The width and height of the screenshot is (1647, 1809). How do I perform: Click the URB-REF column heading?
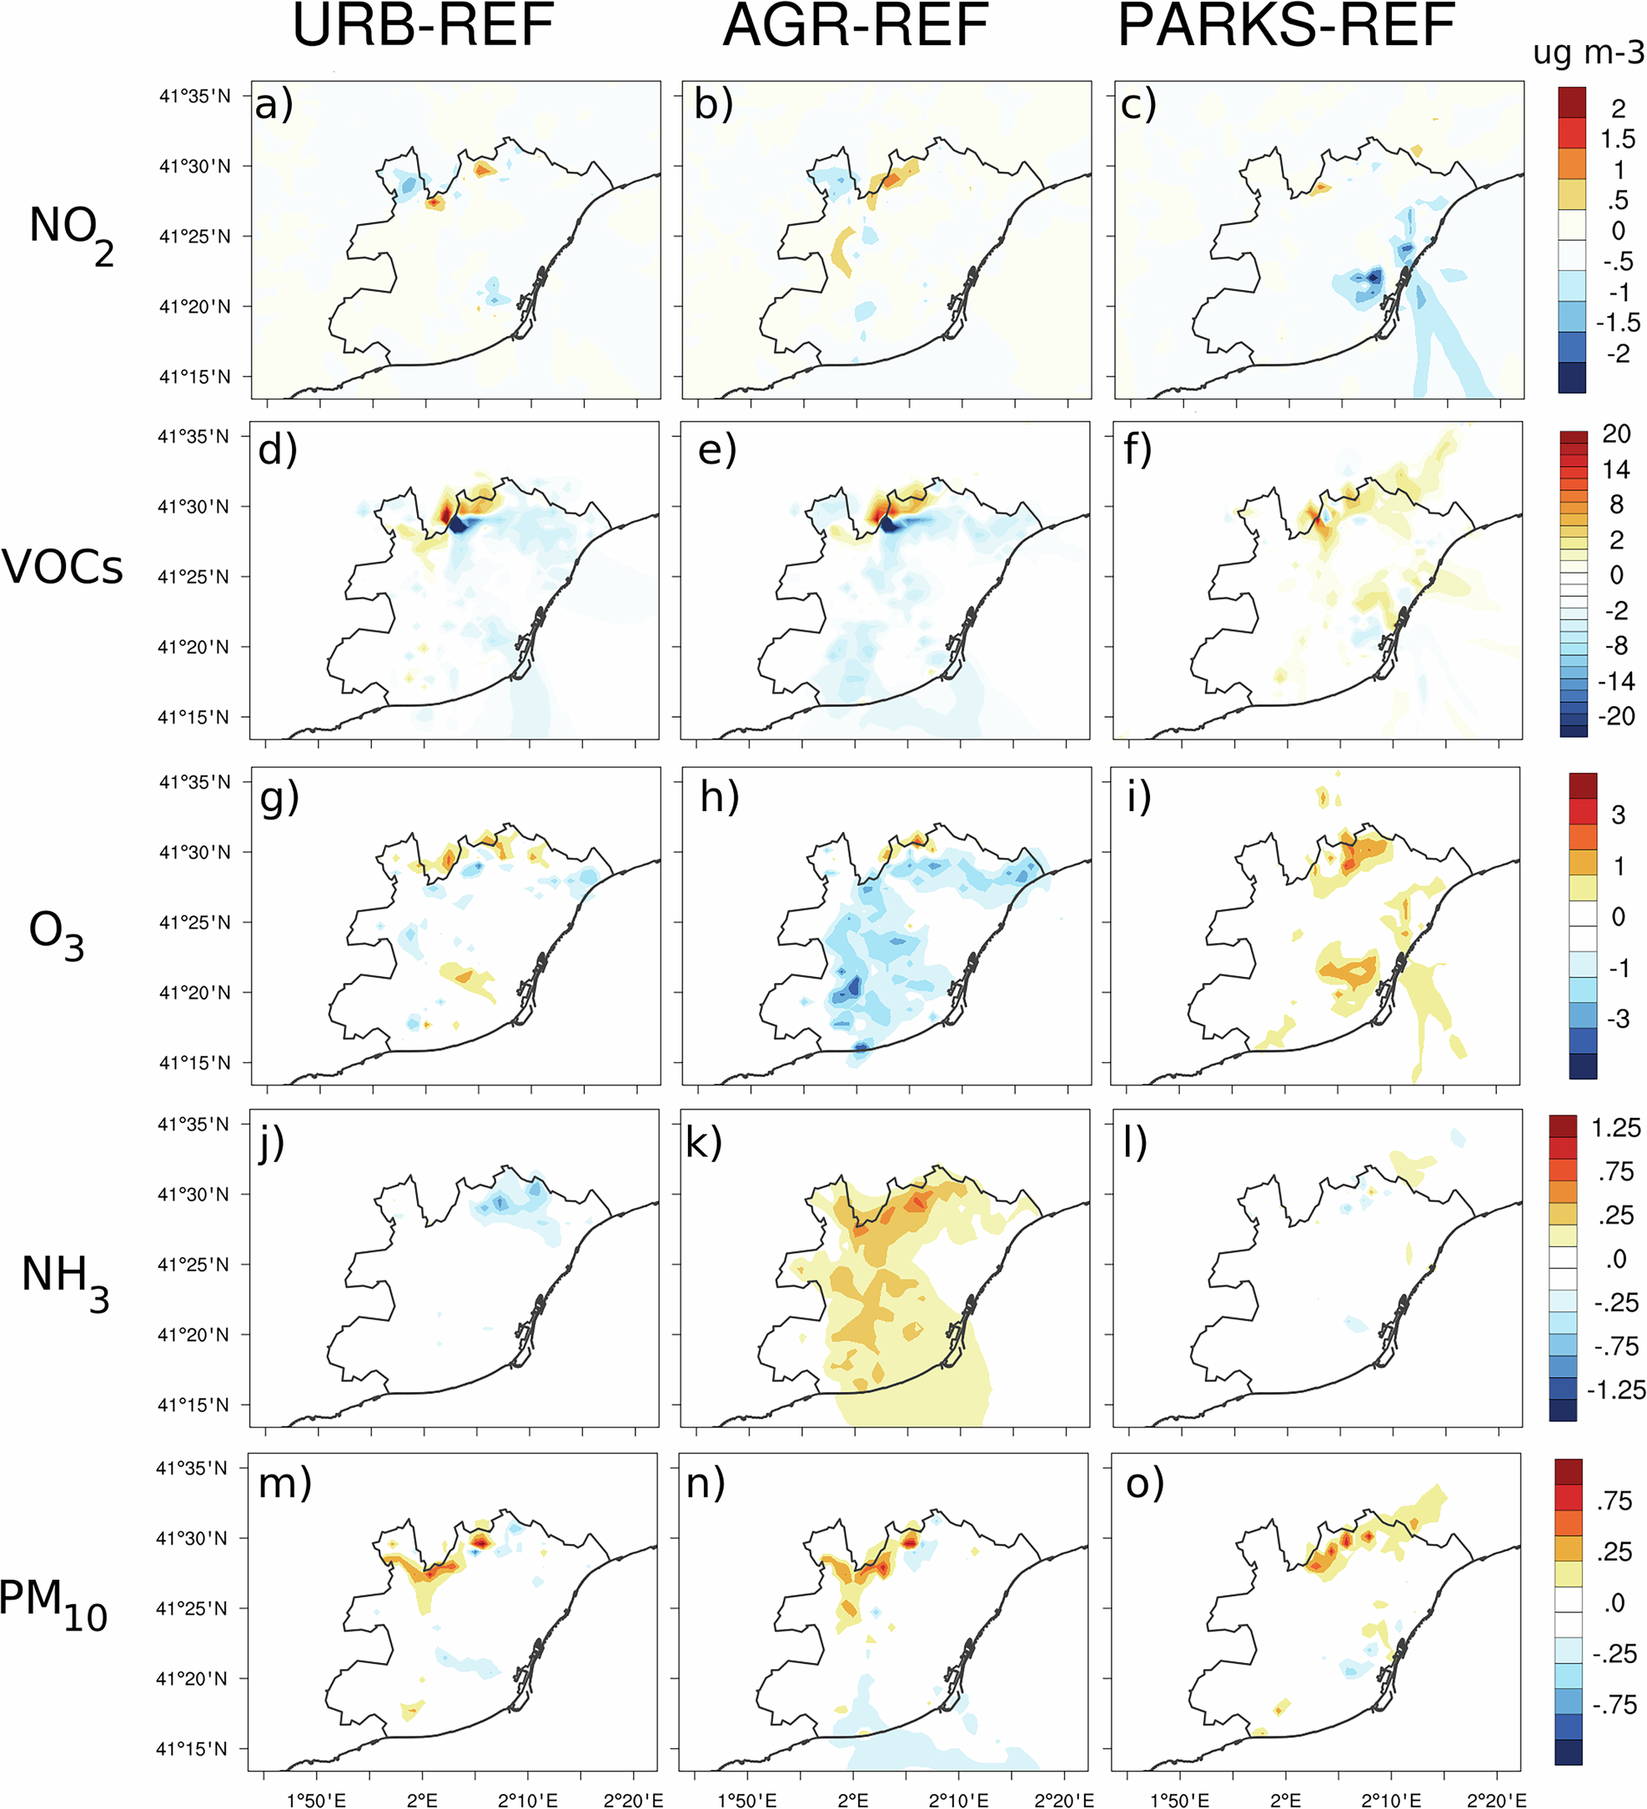(x=423, y=27)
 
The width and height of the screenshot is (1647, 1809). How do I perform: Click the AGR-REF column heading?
(x=855, y=27)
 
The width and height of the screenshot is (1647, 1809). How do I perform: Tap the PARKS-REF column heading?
(x=1285, y=27)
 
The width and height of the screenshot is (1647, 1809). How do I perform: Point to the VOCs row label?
(x=62, y=567)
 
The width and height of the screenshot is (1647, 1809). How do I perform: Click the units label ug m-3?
(x=1588, y=54)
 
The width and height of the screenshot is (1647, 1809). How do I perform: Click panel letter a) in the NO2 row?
(x=273, y=106)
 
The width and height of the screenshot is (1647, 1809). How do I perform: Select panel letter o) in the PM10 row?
(x=1144, y=1483)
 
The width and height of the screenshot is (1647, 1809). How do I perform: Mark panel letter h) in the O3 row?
(x=719, y=797)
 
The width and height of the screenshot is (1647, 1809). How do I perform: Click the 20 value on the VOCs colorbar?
(x=1615, y=434)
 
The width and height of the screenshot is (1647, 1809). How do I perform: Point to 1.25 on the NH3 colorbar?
(x=1615, y=1128)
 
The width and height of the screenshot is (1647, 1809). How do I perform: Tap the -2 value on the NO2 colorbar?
(x=1616, y=353)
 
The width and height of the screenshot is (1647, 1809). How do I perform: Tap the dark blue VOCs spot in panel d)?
(x=458, y=525)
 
